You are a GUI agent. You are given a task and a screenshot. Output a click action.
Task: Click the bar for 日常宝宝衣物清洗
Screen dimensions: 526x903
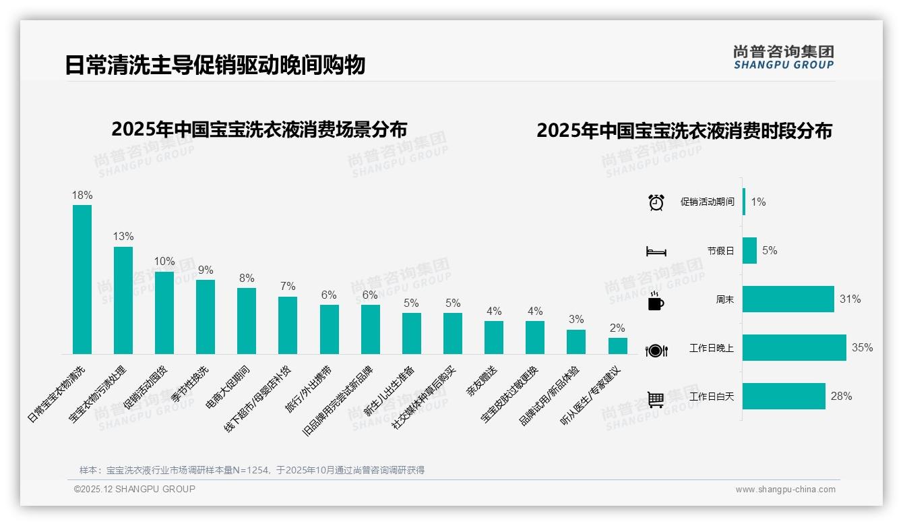(x=82, y=279)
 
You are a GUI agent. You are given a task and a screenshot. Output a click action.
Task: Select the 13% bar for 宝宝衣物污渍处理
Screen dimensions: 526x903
(x=123, y=300)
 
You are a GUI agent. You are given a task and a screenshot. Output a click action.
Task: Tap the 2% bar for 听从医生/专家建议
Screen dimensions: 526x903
(x=617, y=346)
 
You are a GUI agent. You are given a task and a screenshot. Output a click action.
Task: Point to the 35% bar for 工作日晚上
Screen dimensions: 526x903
(x=794, y=348)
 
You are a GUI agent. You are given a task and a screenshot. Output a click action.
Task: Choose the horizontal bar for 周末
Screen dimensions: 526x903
(x=788, y=299)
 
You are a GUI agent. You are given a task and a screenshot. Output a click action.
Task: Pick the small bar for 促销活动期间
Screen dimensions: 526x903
(x=744, y=202)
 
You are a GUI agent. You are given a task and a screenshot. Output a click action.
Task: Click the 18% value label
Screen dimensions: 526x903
(x=82, y=195)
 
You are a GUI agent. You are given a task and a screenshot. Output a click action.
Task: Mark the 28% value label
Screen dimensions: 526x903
(x=841, y=397)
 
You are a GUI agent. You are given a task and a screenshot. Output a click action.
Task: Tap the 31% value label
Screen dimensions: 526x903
(x=850, y=299)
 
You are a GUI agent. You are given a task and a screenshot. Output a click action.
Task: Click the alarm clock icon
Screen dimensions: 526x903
(x=656, y=202)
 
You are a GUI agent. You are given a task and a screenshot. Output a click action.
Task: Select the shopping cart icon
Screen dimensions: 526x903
(x=656, y=399)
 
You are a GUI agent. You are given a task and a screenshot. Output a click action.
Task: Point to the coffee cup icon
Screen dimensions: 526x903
(x=656, y=301)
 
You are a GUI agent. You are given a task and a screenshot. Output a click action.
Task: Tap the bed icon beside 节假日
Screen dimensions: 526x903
(x=656, y=252)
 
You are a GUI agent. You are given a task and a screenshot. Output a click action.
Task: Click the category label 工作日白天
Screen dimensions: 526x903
(x=712, y=397)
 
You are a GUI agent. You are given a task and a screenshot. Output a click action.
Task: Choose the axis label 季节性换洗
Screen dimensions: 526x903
(x=191, y=384)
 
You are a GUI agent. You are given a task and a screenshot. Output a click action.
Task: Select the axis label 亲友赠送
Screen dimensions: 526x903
(x=481, y=381)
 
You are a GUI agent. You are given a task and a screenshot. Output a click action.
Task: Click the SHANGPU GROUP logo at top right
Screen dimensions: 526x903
(x=783, y=57)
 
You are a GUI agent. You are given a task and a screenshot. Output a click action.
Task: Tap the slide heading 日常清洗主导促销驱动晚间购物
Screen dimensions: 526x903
(x=215, y=65)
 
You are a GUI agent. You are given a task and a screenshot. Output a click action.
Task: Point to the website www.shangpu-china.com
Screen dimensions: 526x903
(x=785, y=490)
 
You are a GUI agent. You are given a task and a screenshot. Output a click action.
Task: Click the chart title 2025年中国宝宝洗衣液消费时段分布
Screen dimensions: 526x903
(x=684, y=131)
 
